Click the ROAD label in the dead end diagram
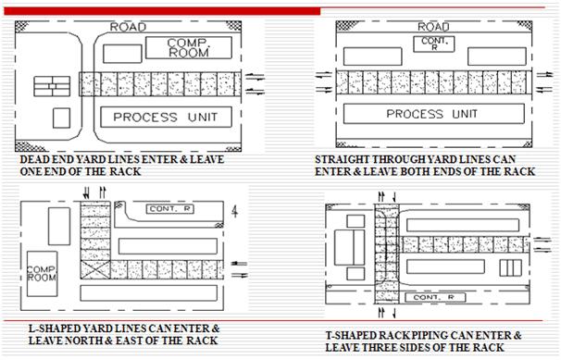pyautogui.click(x=127, y=26)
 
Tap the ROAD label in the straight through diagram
pyautogui.click(x=431, y=26)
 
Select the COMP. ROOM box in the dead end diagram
pyautogui.click(x=193, y=48)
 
